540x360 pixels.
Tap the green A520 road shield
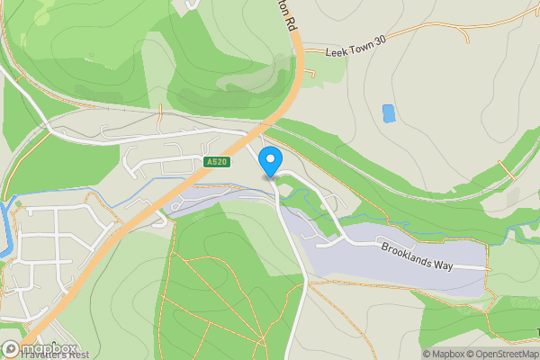click(x=215, y=161)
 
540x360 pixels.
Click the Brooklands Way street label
click(x=419, y=256)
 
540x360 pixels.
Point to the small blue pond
click(x=389, y=113)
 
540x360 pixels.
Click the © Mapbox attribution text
click(x=444, y=354)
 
